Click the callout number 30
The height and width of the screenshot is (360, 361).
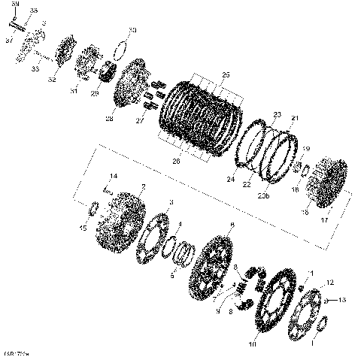[x=132, y=30]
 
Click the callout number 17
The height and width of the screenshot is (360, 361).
[x=325, y=220]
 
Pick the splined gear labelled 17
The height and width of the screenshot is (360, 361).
[x=328, y=183]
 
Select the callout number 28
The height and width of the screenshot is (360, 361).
[x=110, y=118]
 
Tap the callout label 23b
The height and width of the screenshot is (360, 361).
[x=262, y=195]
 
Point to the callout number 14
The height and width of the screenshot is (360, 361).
[x=113, y=177]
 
